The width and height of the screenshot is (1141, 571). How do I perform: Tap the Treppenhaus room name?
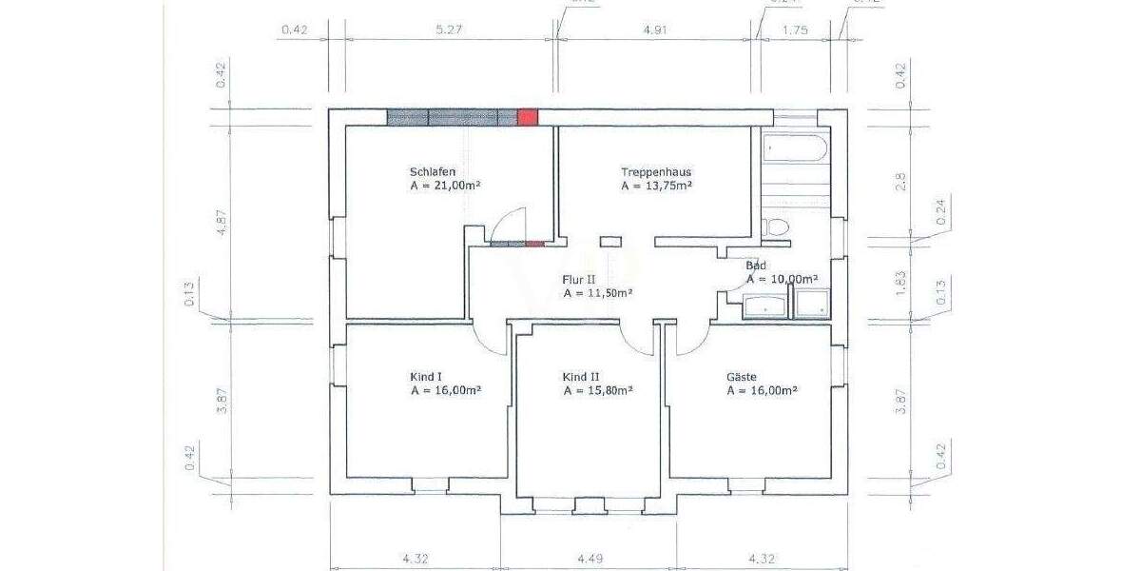(x=656, y=172)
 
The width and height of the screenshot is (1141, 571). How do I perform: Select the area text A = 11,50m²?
(x=598, y=294)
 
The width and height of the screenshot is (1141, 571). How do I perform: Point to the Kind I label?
(x=427, y=377)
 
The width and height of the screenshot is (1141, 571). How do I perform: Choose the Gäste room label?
(x=743, y=377)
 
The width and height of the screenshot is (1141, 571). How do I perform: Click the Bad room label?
(x=756, y=266)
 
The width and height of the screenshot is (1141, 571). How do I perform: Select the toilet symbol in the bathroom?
(x=775, y=227)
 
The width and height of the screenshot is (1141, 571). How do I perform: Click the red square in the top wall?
(x=528, y=117)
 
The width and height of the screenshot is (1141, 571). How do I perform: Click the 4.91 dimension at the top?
(x=656, y=30)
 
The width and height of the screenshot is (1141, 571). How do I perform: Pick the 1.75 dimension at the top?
(x=795, y=30)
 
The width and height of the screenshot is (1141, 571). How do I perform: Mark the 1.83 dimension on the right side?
(x=901, y=281)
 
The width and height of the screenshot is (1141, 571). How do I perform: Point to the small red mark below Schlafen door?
(x=534, y=244)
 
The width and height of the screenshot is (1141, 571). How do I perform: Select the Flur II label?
(x=578, y=280)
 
